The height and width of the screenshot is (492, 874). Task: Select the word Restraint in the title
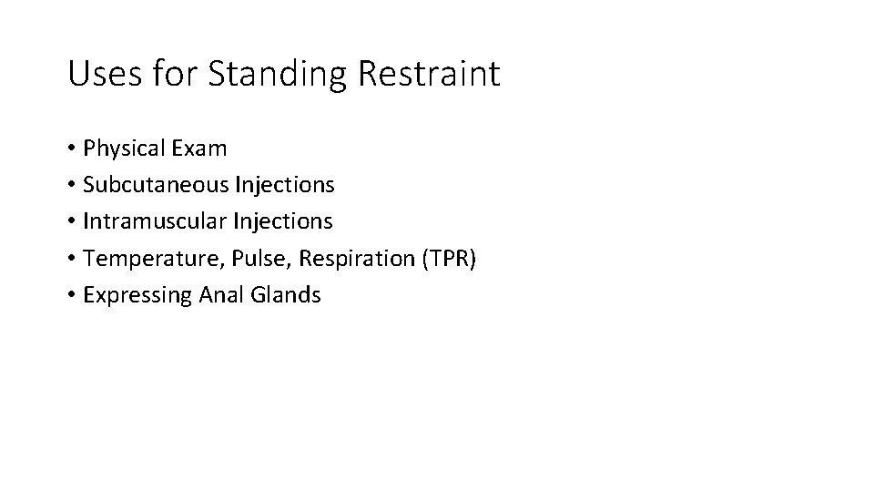point(429,73)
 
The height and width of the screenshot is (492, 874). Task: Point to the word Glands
point(285,295)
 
